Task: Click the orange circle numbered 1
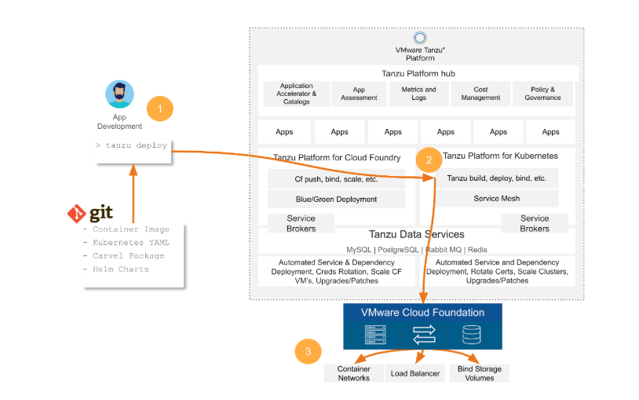160,108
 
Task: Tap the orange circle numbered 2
429,160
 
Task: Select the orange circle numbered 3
308,351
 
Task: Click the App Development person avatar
119,94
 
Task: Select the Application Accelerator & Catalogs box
296,94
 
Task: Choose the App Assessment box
359,94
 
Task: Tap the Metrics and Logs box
418,94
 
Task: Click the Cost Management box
480,94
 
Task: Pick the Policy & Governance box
542,94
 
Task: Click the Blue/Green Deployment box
336,199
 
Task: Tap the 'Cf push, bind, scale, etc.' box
336,178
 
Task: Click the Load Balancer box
416,373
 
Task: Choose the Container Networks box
353,373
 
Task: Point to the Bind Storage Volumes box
479,373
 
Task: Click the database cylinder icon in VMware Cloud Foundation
471,336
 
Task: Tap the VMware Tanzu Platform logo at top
420,39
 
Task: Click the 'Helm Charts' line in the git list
120,270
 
